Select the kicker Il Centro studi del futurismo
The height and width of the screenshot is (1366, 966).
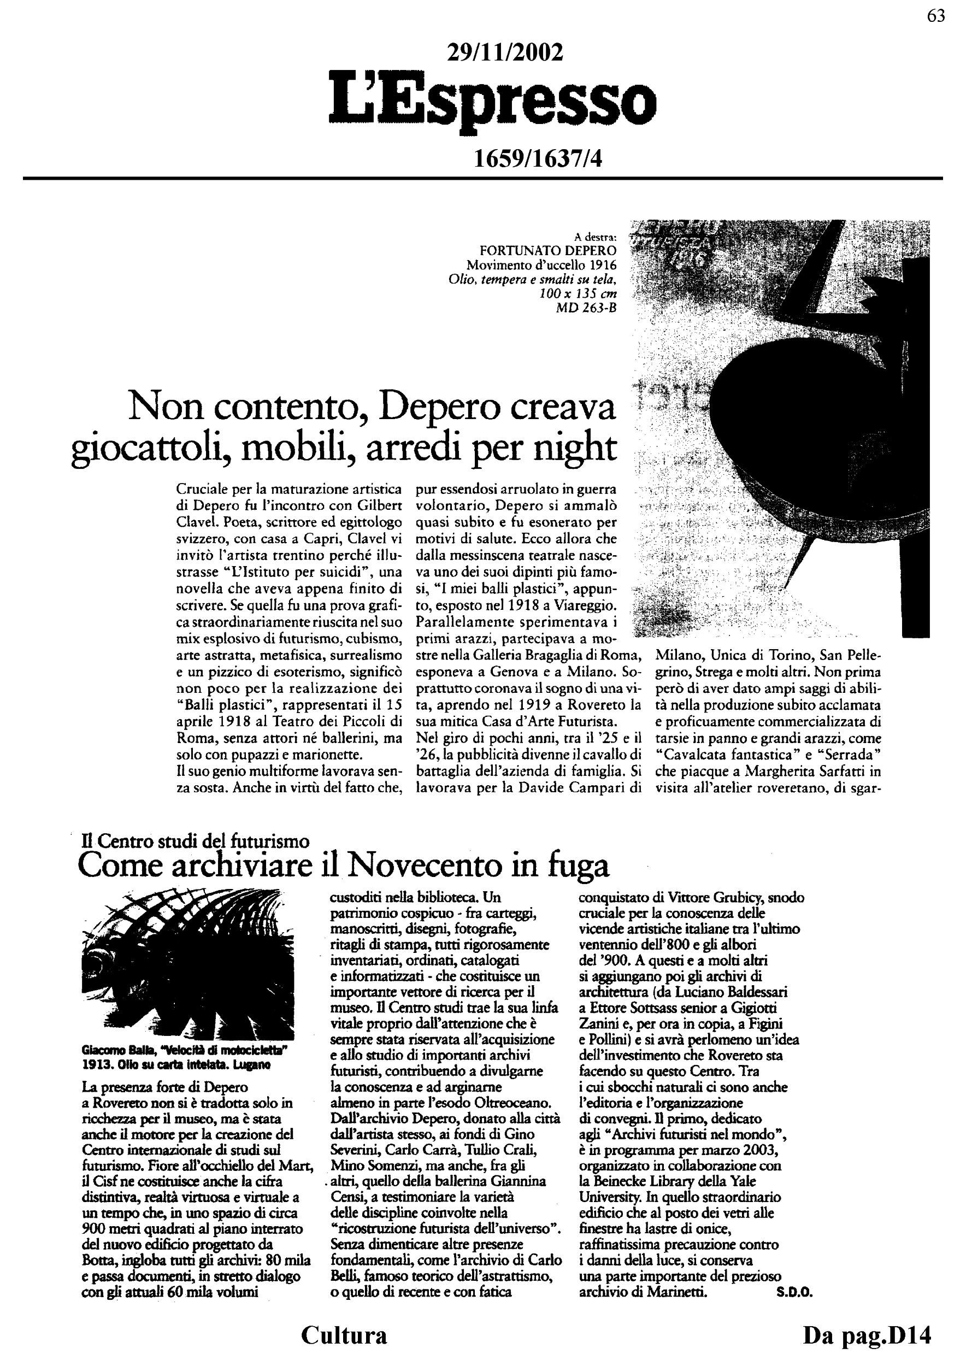coord(195,841)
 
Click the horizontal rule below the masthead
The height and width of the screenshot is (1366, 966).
coord(483,178)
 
